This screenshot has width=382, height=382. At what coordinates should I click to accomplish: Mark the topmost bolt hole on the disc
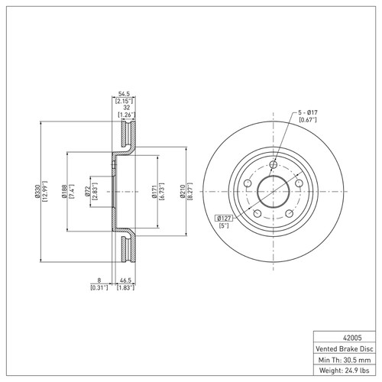pos(274,165)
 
